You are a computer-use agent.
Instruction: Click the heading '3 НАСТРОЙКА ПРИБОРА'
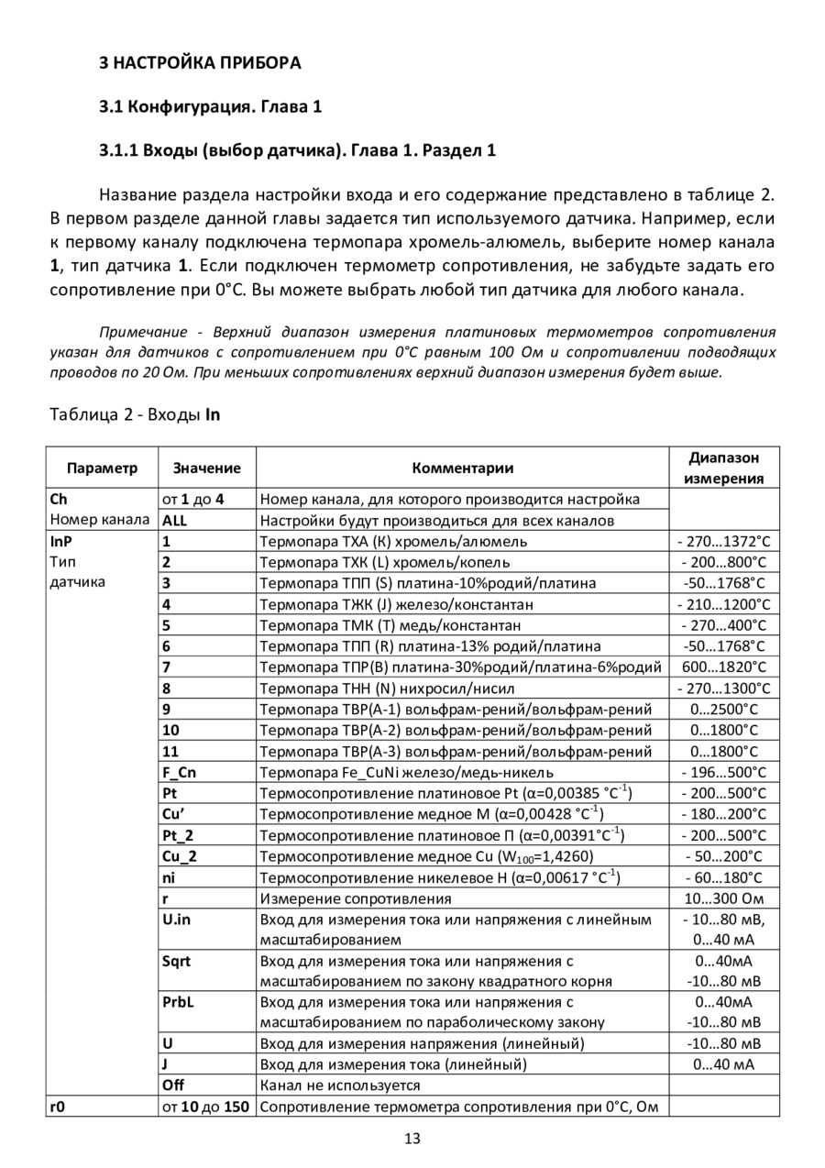click(x=199, y=63)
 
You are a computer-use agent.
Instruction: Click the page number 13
click(x=412, y=1139)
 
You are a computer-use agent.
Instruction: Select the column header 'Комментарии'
click(x=462, y=468)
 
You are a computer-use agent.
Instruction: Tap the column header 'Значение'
click(x=206, y=468)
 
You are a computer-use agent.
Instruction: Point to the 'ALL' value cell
click(x=175, y=521)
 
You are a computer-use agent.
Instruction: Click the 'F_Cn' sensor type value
click(x=179, y=772)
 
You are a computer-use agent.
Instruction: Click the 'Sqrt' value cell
click(x=177, y=961)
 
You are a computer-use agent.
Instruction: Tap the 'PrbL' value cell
click(x=178, y=1002)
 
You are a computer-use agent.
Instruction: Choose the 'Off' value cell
click(x=173, y=1085)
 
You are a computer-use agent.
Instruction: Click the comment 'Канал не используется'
click(x=340, y=1085)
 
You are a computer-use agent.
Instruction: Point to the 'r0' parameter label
click(x=58, y=1107)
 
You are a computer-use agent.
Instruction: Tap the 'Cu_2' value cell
click(x=180, y=856)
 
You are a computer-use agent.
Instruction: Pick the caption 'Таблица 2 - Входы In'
click(x=135, y=414)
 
